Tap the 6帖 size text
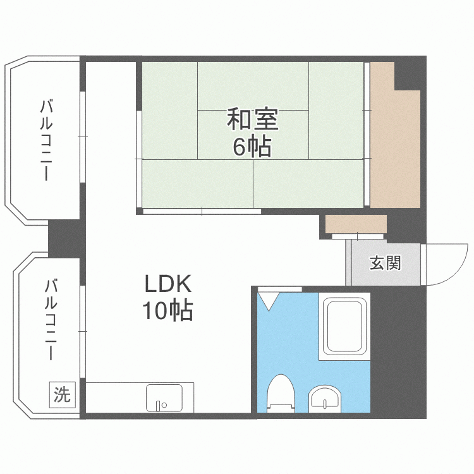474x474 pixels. (x=252, y=147)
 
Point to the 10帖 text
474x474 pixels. (x=167, y=311)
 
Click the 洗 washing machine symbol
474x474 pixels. (x=62, y=394)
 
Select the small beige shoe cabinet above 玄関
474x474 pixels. (x=356, y=224)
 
